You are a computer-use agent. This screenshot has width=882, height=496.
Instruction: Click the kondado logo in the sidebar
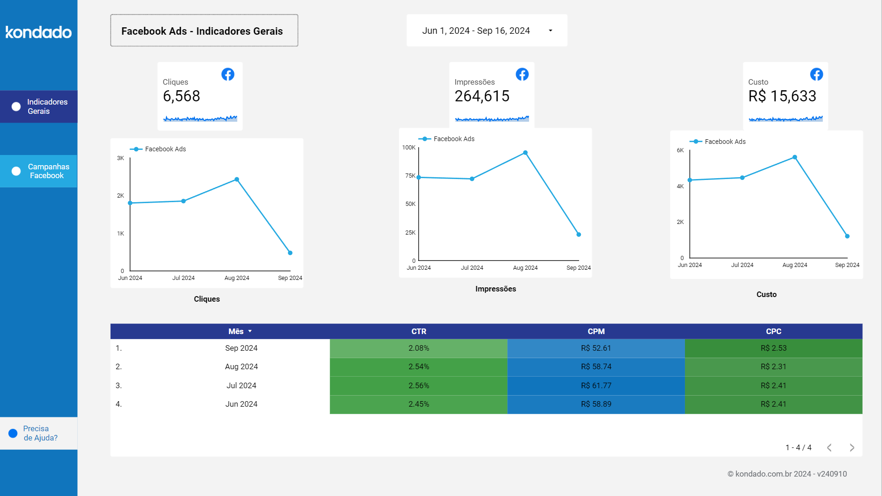tap(38, 32)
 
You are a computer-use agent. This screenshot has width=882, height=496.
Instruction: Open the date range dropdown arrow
tap(550, 31)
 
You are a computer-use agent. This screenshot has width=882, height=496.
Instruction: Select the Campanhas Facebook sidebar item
tap(39, 171)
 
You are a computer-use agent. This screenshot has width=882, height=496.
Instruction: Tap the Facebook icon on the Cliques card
tap(228, 74)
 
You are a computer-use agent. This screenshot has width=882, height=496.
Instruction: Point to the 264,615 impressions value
tap(482, 96)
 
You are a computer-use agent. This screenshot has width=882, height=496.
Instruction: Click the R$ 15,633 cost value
tap(782, 96)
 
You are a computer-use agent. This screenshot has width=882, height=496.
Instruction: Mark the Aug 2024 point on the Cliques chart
tap(237, 180)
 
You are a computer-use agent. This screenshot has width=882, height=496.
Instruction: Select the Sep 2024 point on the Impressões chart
tap(579, 235)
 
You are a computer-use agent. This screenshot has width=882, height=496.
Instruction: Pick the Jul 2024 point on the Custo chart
tap(742, 178)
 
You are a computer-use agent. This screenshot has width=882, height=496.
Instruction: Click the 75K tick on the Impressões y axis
tap(410, 176)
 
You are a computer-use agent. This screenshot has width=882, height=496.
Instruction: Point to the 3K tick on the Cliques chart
tap(120, 158)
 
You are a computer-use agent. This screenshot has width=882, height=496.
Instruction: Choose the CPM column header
tap(596, 331)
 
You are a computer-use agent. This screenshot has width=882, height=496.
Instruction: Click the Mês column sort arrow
tap(250, 331)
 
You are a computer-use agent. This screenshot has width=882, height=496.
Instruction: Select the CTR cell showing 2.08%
tap(419, 348)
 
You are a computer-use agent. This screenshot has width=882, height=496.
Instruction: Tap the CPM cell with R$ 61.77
tap(596, 385)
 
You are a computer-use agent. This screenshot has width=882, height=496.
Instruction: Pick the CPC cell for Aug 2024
tap(773, 366)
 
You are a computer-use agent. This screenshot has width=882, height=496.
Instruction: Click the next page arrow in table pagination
tap(852, 447)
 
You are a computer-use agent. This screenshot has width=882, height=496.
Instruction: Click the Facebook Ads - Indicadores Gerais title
tap(202, 31)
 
